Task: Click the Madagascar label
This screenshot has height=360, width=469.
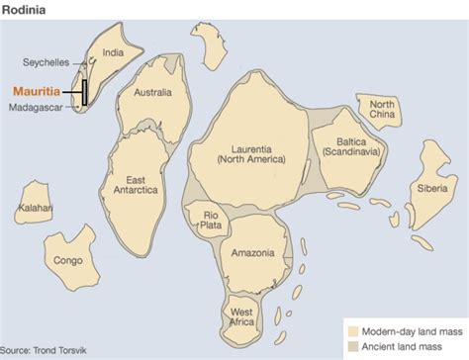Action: pyautogui.click(x=39, y=107)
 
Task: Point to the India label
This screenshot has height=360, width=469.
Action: pyautogui.click(x=115, y=54)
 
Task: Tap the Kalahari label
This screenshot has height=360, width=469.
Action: pyautogui.click(x=36, y=209)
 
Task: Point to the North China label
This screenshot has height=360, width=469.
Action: pyautogui.click(x=382, y=110)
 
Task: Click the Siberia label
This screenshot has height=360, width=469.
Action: pyautogui.click(x=433, y=186)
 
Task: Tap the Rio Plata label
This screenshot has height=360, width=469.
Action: pyautogui.click(x=211, y=220)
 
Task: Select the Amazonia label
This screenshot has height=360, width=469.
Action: pyautogui.click(x=252, y=253)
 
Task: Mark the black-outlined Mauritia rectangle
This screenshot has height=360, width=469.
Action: pyautogui.click(x=84, y=91)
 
